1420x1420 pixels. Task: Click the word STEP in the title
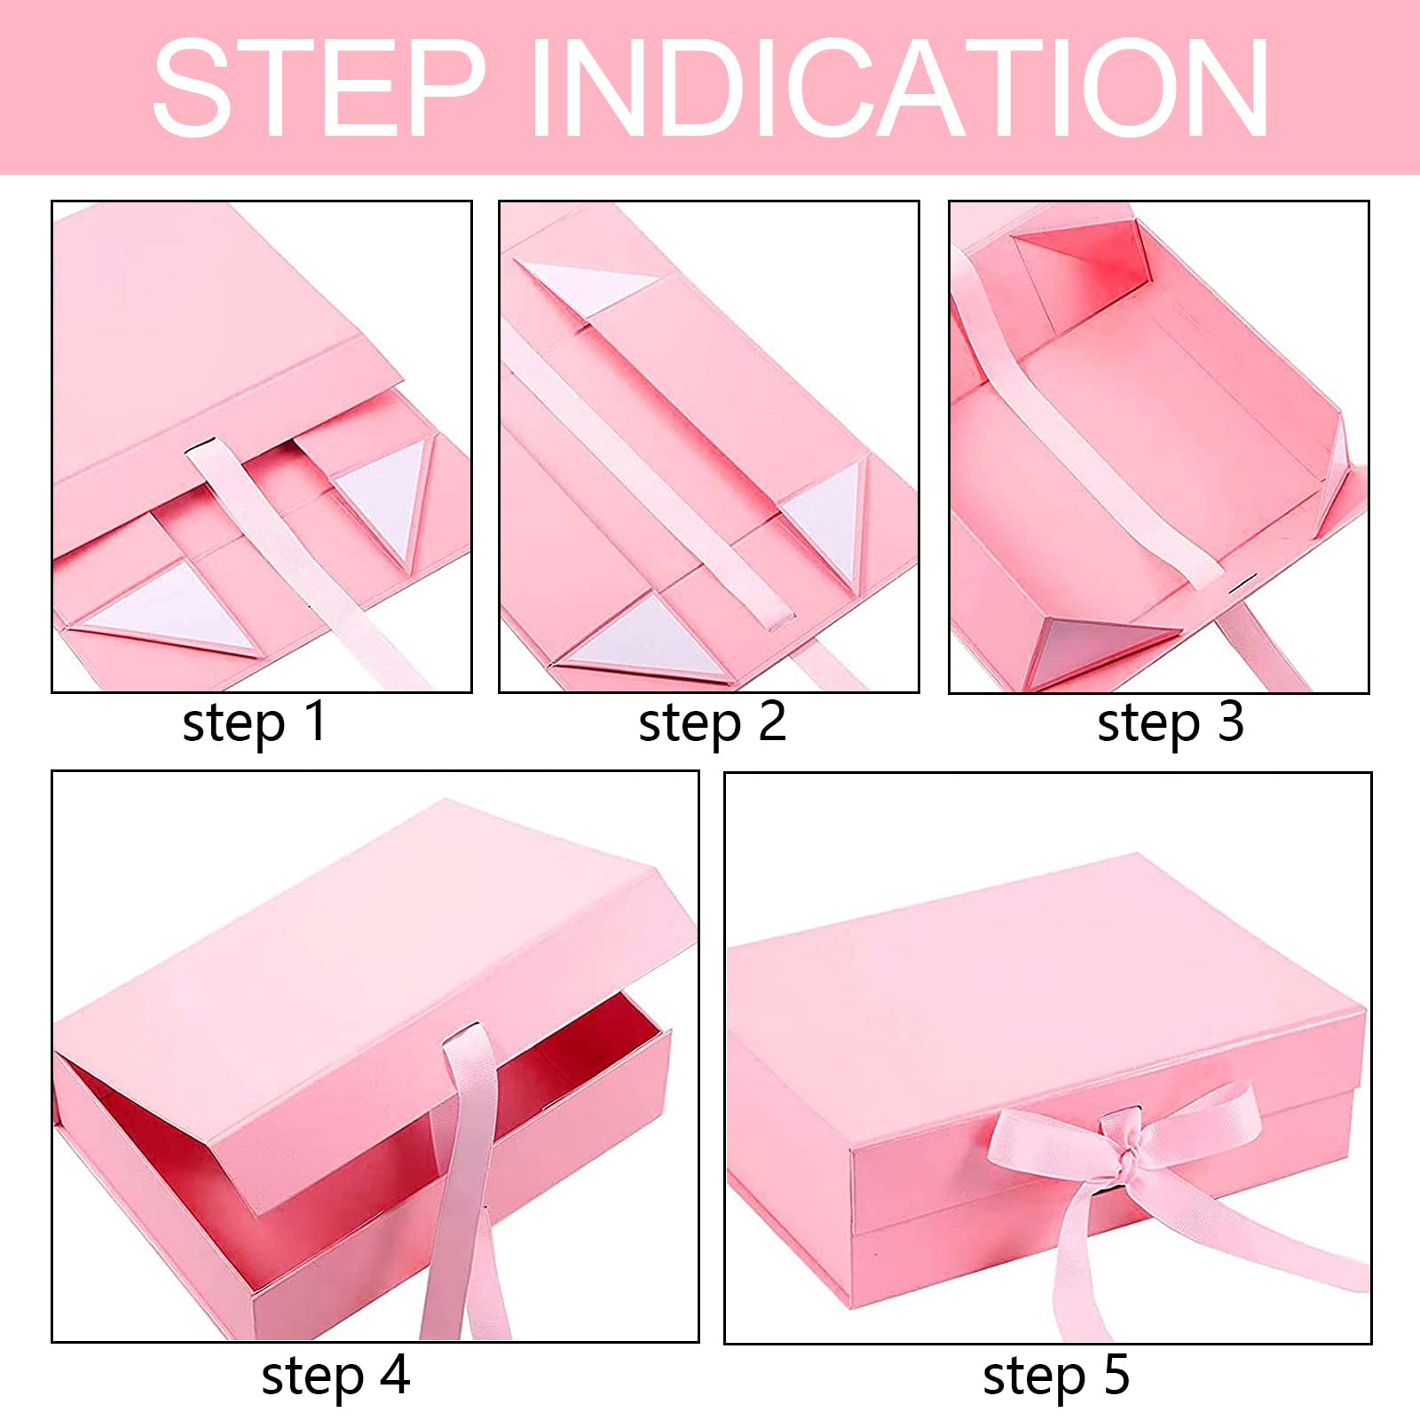tap(319, 87)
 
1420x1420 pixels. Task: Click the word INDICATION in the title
tap(900, 87)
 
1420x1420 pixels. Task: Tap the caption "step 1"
tap(255, 723)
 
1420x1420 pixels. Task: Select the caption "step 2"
tap(713, 723)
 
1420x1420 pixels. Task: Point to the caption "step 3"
tap(1171, 723)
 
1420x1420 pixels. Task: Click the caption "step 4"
tap(335, 1377)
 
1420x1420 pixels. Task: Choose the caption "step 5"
tap(1056, 1377)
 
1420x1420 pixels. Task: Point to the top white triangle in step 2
tap(586, 286)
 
